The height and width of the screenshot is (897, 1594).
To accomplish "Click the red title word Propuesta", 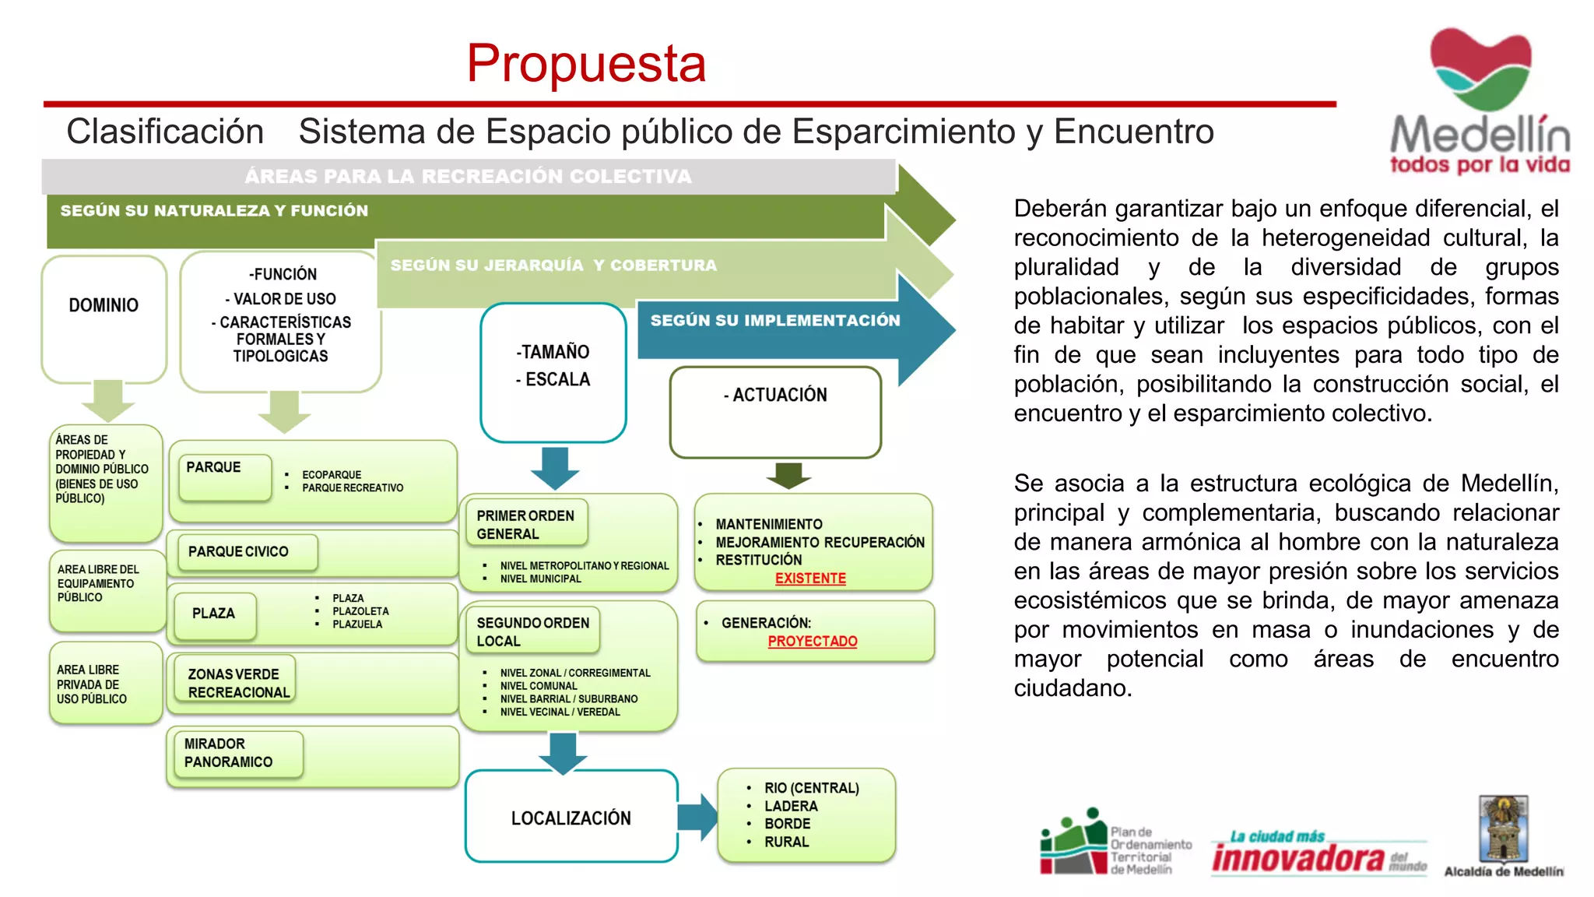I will (586, 63).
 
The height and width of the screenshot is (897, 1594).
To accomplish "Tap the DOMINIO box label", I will (104, 305).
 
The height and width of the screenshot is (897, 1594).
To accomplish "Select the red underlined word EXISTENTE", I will (810, 579).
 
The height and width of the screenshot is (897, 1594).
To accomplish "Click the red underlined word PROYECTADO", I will (813, 642).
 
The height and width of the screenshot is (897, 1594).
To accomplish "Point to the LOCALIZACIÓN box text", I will (571, 818).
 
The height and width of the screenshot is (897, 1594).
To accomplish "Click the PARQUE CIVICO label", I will (238, 551).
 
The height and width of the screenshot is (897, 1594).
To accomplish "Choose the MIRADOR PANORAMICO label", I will (228, 753).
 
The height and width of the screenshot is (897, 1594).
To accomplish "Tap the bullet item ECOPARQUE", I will (332, 475).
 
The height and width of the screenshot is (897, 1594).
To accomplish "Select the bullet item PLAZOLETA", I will (360, 611).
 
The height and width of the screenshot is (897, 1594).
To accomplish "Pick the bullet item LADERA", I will (791, 806).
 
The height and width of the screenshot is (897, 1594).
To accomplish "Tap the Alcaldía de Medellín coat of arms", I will (1503, 828).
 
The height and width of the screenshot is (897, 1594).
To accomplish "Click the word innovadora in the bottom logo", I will (1297, 858).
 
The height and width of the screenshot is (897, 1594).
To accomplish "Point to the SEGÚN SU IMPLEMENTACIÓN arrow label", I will (774, 321).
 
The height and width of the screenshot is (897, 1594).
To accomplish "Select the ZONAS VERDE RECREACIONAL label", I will (238, 683).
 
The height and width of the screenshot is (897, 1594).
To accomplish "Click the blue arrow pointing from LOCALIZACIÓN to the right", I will (698, 817).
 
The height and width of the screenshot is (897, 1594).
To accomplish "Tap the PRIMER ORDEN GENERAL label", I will (525, 525).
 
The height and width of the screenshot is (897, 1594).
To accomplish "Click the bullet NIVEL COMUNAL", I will (539, 686).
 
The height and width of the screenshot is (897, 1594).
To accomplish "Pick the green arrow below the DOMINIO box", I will (108, 399).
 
